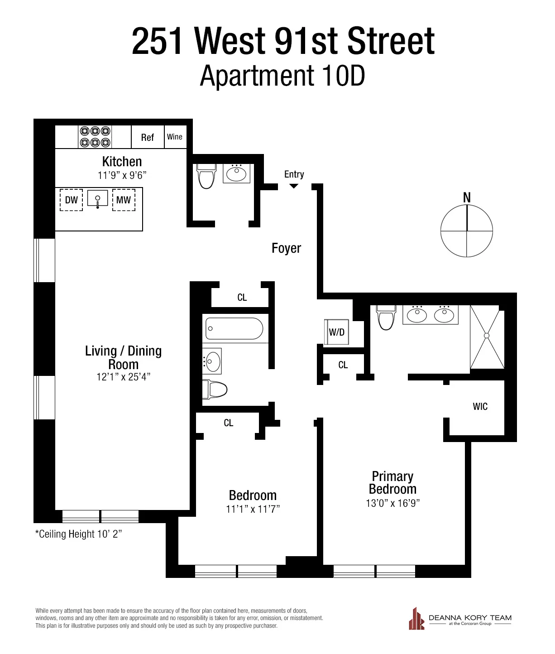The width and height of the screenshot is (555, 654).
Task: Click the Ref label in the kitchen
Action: (x=148, y=138)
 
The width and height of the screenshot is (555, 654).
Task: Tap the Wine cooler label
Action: (x=175, y=137)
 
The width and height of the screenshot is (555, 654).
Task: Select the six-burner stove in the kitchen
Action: (x=95, y=137)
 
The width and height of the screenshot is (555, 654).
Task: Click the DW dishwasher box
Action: (x=72, y=200)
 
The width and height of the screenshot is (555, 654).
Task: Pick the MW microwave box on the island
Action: (x=124, y=200)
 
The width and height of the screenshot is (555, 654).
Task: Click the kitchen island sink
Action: (x=98, y=199)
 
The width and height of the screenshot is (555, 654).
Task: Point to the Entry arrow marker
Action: (x=294, y=186)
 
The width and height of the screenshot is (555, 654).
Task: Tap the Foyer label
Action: (x=286, y=248)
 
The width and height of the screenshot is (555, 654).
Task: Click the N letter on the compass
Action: (x=467, y=197)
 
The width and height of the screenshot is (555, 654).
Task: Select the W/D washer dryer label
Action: (x=337, y=332)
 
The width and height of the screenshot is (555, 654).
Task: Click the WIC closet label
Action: (x=480, y=406)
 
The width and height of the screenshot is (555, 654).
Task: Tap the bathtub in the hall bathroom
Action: (x=234, y=328)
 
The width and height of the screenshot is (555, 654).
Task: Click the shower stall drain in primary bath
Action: (x=487, y=336)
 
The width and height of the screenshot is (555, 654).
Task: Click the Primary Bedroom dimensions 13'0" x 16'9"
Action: (x=392, y=503)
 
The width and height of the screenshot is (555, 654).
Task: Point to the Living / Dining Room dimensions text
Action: (x=123, y=377)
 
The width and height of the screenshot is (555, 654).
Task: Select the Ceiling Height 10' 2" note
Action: (x=79, y=534)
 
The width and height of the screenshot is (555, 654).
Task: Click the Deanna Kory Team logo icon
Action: (x=416, y=619)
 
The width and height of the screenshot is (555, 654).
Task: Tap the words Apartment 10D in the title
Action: (x=282, y=76)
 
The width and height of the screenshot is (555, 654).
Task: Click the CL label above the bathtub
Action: (x=242, y=298)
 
